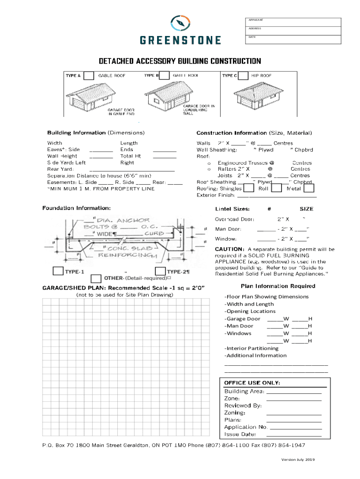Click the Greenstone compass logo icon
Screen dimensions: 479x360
[180, 23]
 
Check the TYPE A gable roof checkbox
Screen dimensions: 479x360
[88, 76]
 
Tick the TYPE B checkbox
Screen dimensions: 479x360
[165, 76]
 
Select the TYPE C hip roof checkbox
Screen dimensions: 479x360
[244, 76]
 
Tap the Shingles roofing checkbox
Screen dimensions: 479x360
[249, 189]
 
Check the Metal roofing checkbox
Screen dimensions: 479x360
[309, 189]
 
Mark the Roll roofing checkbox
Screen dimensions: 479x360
[276, 189]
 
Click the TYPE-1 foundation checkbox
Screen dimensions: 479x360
[58, 271]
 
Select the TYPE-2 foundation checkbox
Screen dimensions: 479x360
[160, 271]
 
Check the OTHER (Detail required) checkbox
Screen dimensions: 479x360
[96, 278]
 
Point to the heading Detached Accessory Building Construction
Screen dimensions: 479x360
[180, 61]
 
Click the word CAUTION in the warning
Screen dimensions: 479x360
[229, 249]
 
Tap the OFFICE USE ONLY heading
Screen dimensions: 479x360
[252, 383]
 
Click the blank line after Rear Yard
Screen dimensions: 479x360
[132, 169]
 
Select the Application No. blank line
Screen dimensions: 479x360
[296, 427]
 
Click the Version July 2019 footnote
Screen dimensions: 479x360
[298, 460]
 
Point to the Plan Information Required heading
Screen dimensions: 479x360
[278, 286]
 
